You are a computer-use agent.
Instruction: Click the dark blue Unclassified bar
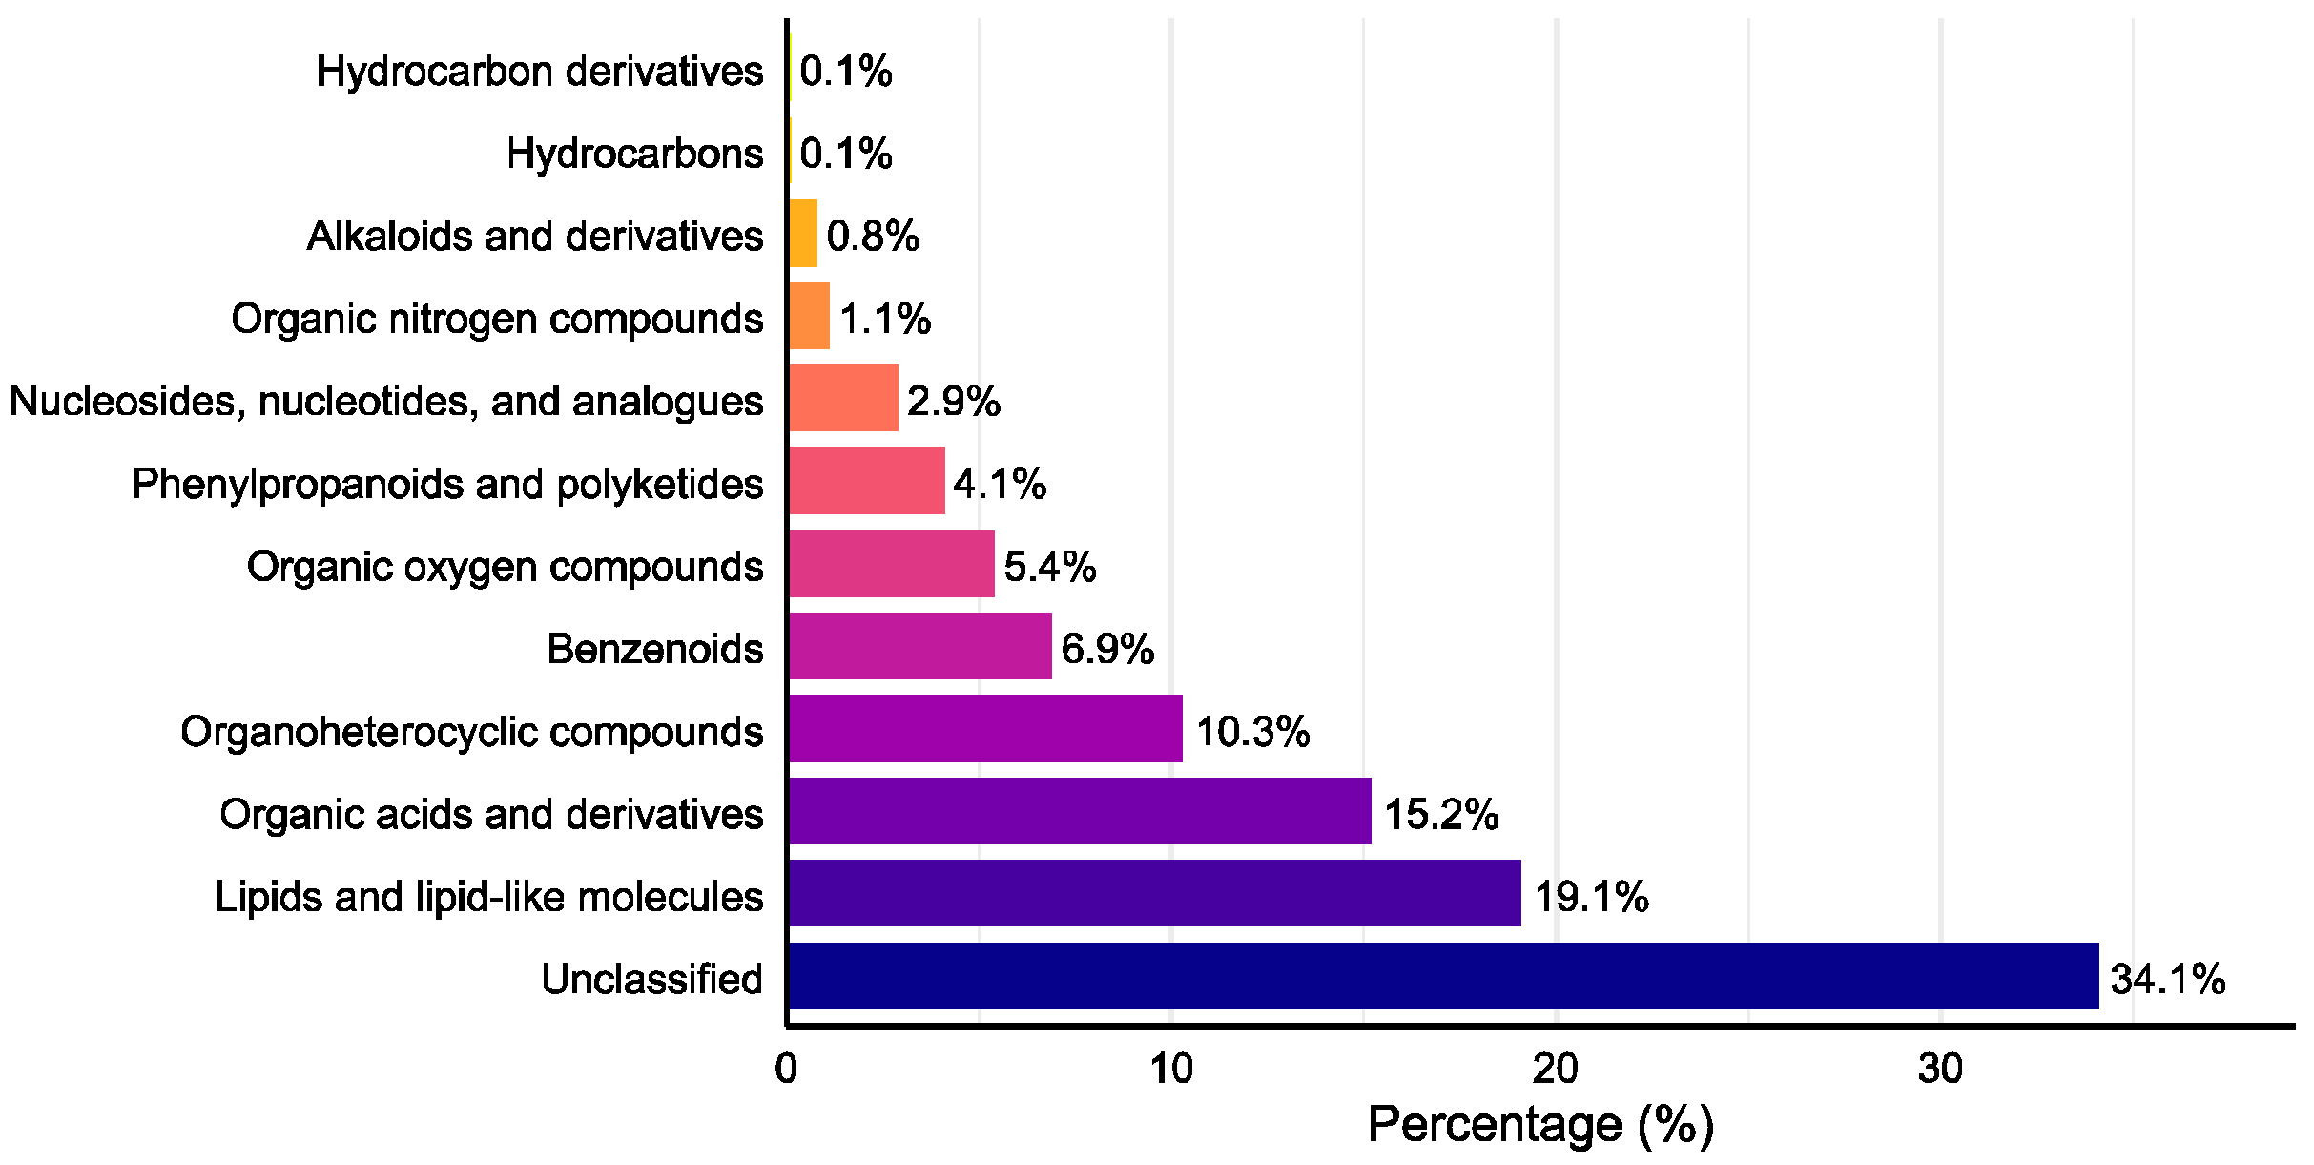(1443, 976)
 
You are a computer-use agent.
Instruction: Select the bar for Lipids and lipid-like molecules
(1154, 893)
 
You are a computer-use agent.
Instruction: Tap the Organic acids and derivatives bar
(1080, 811)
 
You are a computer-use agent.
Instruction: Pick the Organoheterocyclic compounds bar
(985, 729)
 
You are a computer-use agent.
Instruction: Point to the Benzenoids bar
(920, 646)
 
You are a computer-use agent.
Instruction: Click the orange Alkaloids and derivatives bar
(803, 234)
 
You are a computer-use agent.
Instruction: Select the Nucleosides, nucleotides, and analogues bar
(843, 398)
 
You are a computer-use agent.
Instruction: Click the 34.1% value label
(2168, 980)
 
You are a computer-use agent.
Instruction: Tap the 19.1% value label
(1591, 898)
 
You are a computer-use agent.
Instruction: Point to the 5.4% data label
(1049, 567)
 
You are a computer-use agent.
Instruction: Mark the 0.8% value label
(872, 237)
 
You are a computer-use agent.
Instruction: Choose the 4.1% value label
(999, 485)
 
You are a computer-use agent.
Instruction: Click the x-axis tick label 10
(1170, 1070)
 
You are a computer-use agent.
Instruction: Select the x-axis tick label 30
(1940, 1070)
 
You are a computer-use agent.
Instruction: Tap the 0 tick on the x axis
(786, 1070)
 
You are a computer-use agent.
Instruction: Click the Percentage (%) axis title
(1539, 1125)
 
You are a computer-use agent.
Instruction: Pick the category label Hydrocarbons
(634, 154)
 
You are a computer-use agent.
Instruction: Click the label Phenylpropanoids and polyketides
(447, 485)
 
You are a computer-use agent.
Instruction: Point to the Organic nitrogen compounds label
(497, 319)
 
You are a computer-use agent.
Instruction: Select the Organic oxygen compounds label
(505, 567)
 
